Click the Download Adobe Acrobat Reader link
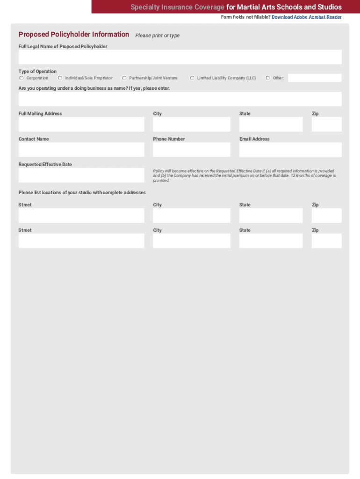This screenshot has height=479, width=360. click(306, 17)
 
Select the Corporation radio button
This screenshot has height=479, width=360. click(22, 78)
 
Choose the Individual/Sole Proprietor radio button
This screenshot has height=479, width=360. click(60, 78)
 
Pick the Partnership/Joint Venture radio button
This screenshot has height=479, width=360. click(124, 78)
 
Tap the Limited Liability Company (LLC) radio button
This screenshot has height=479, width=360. click(192, 78)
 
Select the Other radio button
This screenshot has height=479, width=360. click(268, 78)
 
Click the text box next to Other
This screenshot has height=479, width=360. click(315, 78)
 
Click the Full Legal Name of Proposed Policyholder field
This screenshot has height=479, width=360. click(180, 57)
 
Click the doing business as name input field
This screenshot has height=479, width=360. click(180, 99)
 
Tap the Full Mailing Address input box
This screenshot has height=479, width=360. click(81, 124)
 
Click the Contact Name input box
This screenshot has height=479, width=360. click(81, 150)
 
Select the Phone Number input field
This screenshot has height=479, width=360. click(192, 150)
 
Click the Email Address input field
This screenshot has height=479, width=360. click(290, 150)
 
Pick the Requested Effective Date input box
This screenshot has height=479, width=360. click(81, 175)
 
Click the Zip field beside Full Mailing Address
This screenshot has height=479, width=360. click(327, 124)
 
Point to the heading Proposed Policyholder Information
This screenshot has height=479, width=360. click(74, 35)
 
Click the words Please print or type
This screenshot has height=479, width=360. click(158, 36)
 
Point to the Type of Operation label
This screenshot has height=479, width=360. click(37, 72)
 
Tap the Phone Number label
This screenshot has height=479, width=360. click(169, 139)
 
